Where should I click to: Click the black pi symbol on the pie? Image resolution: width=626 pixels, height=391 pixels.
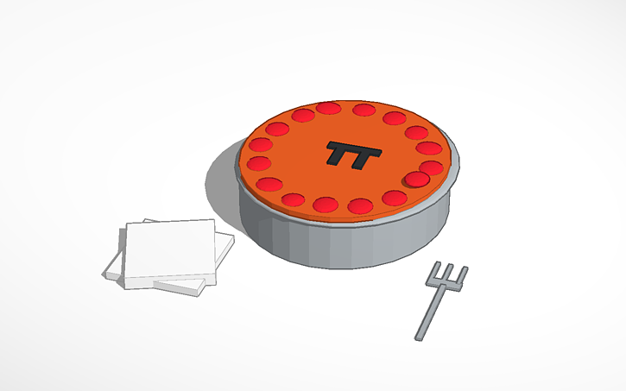point(353,155)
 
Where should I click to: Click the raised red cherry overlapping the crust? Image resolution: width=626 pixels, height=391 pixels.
point(417,180)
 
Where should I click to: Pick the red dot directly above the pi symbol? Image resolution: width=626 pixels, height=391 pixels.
point(364,110)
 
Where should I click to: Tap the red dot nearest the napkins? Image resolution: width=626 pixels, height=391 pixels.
point(269,184)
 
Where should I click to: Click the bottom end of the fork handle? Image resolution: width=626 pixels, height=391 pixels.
point(418,337)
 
